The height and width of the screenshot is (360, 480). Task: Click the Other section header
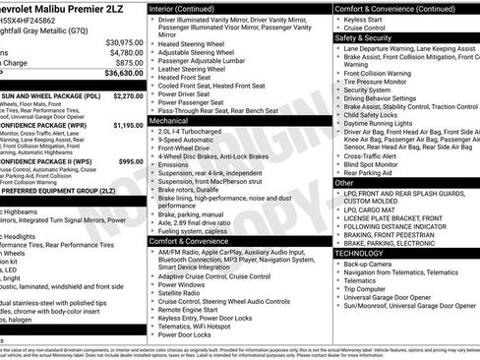click(344, 183)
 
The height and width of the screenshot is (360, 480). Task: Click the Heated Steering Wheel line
click(195, 44)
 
